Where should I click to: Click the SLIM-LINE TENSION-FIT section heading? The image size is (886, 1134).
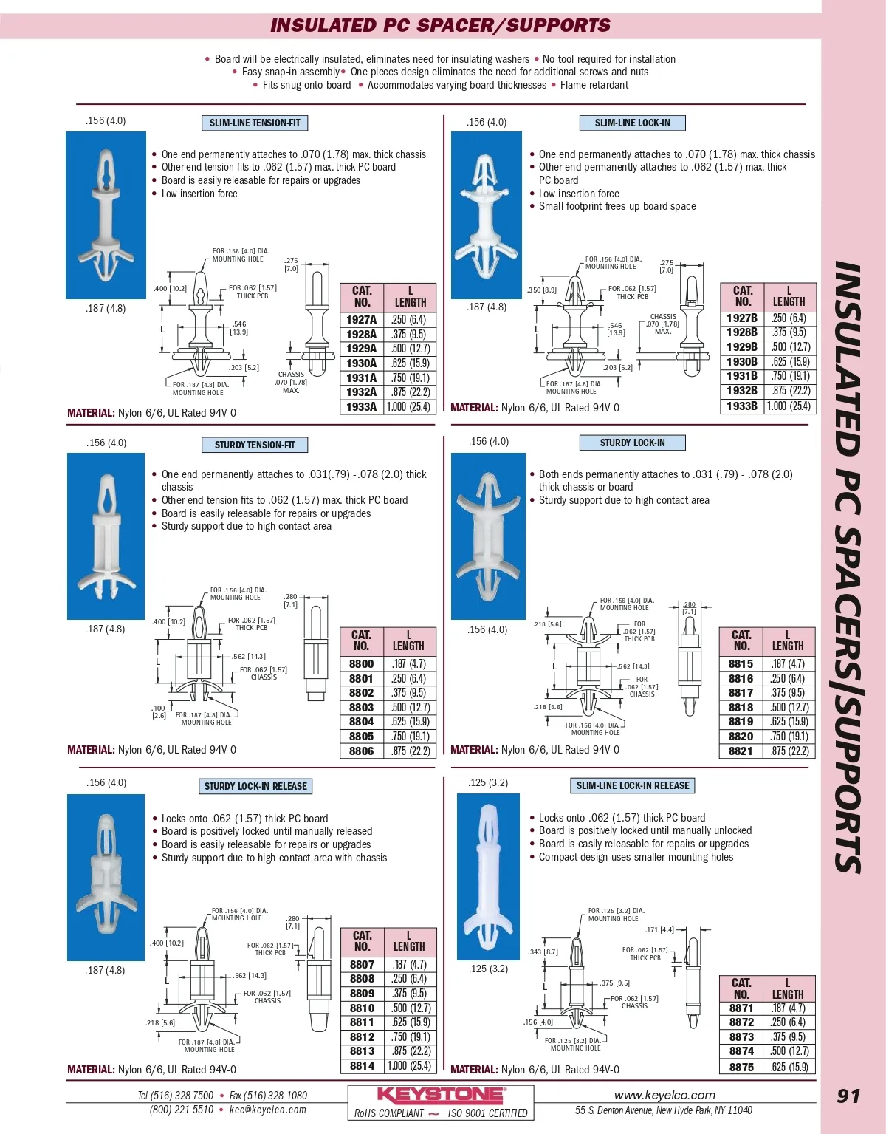pyautogui.click(x=255, y=123)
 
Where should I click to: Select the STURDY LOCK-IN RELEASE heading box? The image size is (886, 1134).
pyautogui.click(x=255, y=786)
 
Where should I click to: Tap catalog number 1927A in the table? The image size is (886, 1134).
pyautogui.click(x=361, y=320)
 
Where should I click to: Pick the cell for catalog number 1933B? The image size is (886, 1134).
pyautogui.click(x=741, y=406)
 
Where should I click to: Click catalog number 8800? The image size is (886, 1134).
pyautogui.click(x=361, y=664)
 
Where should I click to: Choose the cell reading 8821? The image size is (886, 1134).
pyautogui.click(x=741, y=751)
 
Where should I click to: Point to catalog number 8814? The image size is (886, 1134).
pyautogui.click(x=362, y=1066)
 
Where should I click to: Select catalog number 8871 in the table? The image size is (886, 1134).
pyautogui.click(x=741, y=1008)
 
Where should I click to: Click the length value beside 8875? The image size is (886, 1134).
pyautogui.click(x=789, y=1067)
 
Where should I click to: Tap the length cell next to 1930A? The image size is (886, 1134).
pyautogui.click(x=410, y=363)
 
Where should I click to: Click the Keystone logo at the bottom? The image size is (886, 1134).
pyautogui.click(x=441, y=1095)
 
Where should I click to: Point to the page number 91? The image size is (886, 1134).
pyautogui.click(x=848, y=1096)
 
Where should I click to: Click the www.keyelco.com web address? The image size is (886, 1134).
pyautogui.click(x=664, y=1096)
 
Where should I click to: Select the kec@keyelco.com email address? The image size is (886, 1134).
pyautogui.click(x=267, y=1110)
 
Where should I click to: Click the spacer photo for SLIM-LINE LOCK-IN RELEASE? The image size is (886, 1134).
pyautogui.click(x=488, y=876)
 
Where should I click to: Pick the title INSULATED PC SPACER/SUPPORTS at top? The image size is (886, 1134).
pyautogui.click(x=440, y=25)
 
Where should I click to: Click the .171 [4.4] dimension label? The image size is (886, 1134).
pyautogui.click(x=659, y=930)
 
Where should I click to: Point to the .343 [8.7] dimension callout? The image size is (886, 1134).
pyautogui.click(x=543, y=952)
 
